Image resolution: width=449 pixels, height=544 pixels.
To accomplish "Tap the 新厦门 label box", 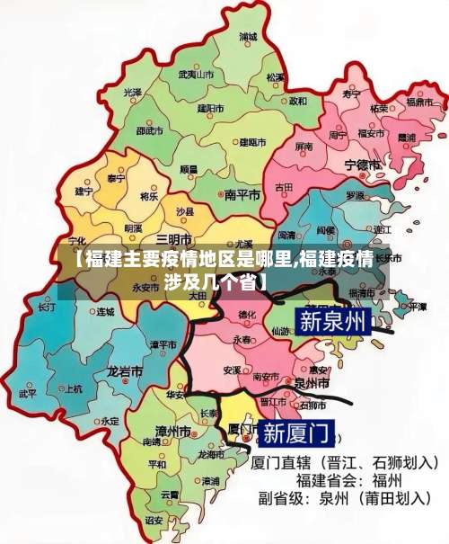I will [296, 433].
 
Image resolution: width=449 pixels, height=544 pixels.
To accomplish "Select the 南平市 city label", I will [242, 194].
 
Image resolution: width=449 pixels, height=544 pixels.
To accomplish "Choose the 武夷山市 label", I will [196, 74].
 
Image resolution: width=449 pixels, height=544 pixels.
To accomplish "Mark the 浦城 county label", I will [248, 38].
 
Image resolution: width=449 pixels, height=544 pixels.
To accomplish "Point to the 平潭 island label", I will [418, 307].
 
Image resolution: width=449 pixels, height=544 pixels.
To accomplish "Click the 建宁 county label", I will [84, 191].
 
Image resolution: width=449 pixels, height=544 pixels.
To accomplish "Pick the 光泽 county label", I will [133, 92].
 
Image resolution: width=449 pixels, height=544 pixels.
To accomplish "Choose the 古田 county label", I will [284, 187].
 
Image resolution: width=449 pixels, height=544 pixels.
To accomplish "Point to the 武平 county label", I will [27, 393].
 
